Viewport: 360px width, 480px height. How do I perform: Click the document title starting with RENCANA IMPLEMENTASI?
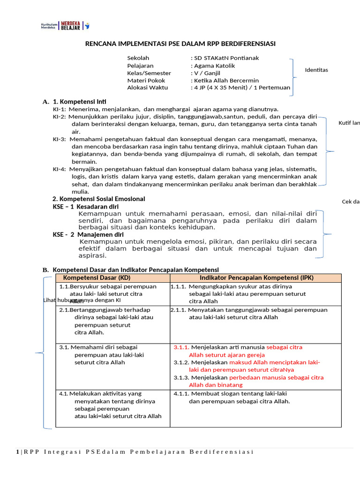[x=180, y=44]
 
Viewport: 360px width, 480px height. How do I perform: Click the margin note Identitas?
[x=316, y=70]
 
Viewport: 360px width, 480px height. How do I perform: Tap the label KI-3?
[x=59, y=139]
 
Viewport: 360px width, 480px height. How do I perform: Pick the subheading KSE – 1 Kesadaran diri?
[x=85, y=206]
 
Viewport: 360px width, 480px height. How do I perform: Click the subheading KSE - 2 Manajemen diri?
[x=88, y=234]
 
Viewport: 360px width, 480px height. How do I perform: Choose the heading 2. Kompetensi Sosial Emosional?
[x=98, y=199]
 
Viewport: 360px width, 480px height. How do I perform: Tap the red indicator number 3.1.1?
[x=181, y=347]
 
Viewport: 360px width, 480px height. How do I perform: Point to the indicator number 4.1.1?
[x=181, y=394]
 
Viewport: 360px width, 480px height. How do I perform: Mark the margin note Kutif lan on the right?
[x=349, y=123]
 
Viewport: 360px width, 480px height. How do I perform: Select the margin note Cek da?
[x=350, y=202]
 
